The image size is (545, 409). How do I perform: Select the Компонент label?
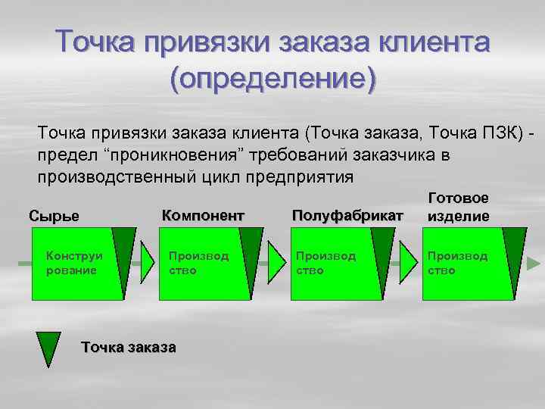click(x=204, y=215)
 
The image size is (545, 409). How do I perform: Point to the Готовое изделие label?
click(x=459, y=207)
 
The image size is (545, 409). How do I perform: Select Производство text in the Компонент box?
click(x=198, y=263)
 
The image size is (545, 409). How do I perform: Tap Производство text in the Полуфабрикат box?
click(x=325, y=263)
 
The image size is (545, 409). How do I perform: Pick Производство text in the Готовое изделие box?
click(x=457, y=263)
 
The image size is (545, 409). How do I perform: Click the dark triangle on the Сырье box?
click(x=125, y=250)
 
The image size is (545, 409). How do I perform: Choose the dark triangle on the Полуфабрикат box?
click(x=384, y=250)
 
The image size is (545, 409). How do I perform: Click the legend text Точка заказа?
click(x=128, y=348)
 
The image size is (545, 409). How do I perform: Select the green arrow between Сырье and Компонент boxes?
click(x=142, y=264)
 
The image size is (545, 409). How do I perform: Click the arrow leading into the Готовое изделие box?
click(x=407, y=264)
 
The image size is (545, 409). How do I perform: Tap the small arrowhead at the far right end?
click(x=534, y=264)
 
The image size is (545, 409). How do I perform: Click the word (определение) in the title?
click(x=272, y=78)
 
